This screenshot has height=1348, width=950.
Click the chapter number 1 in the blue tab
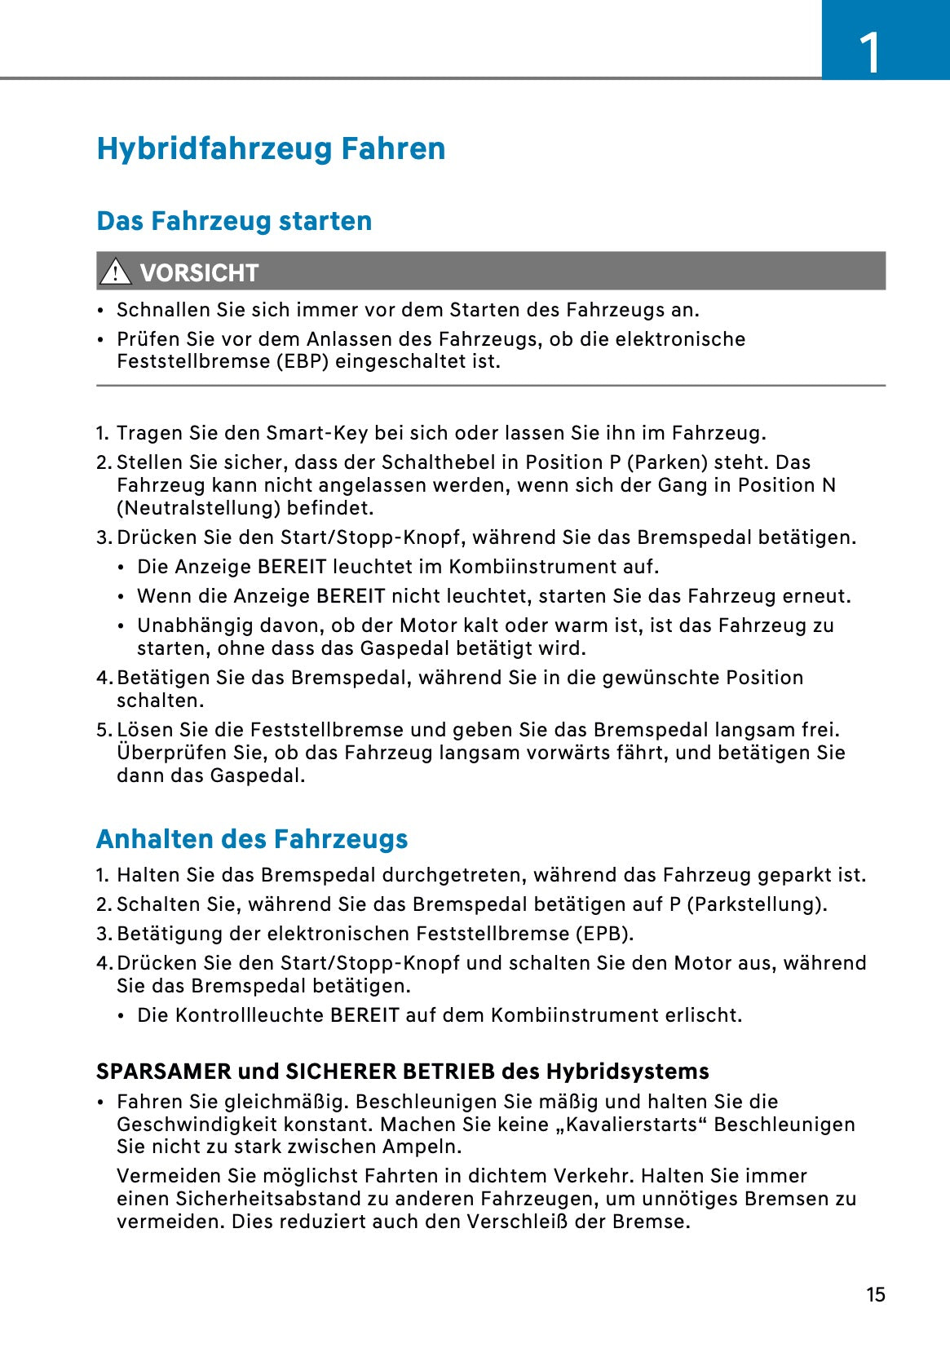pos(870,53)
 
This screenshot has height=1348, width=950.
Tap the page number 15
pos(875,1294)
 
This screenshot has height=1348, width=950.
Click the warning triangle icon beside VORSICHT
pos(115,272)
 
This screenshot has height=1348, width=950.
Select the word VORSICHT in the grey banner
pos(199,272)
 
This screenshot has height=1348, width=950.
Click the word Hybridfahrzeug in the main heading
pos(214,148)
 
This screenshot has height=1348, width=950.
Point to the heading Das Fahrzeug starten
pos(234,221)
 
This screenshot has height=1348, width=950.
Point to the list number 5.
pos(103,730)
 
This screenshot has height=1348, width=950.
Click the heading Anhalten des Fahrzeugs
pos(252,839)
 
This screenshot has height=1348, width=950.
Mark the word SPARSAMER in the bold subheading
pos(163,1072)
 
